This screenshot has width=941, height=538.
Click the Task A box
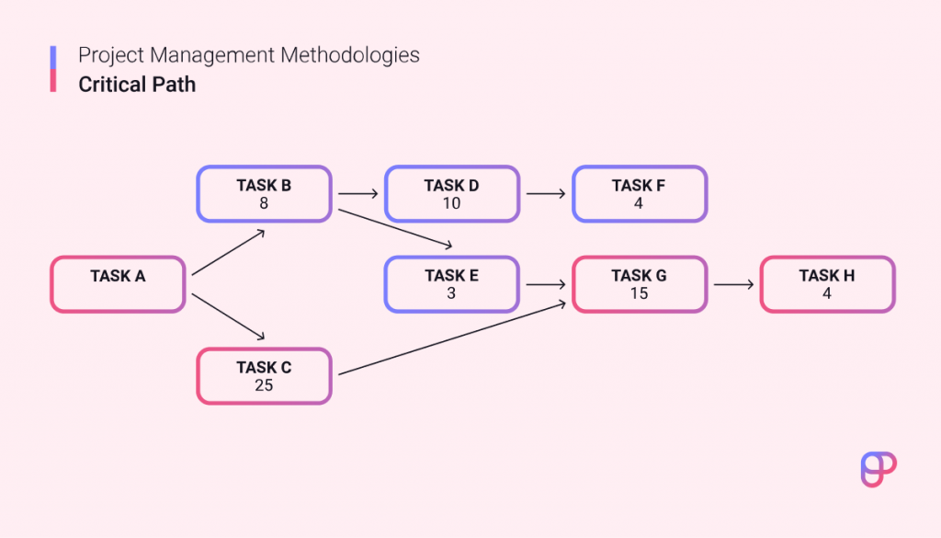(x=118, y=284)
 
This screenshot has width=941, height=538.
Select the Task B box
(x=264, y=194)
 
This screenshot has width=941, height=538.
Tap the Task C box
(x=264, y=376)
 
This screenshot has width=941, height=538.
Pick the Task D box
(x=451, y=194)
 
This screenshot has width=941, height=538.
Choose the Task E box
(x=451, y=284)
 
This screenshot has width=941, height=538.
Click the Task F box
(x=639, y=194)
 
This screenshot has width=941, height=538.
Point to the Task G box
(x=639, y=284)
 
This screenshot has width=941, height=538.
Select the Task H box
(x=826, y=284)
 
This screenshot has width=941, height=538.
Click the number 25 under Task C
(x=264, y=385)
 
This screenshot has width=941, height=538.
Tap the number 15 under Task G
(x=639, y=293)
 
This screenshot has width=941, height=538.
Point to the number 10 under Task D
(x=451, y=203)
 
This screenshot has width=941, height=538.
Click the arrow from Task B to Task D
(x=357, y=194)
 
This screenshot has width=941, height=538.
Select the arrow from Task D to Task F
(x=545, y=194)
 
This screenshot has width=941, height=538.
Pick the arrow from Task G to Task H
(x=732, y=284)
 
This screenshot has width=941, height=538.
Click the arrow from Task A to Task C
(x=229, y=316)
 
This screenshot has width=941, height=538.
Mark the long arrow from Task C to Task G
(x=450, y=338)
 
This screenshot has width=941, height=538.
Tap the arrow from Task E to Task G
(x=545, y=284)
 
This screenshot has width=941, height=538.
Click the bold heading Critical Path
(x=137, y=85)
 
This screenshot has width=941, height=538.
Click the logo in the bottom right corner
(x=878, y=469)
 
